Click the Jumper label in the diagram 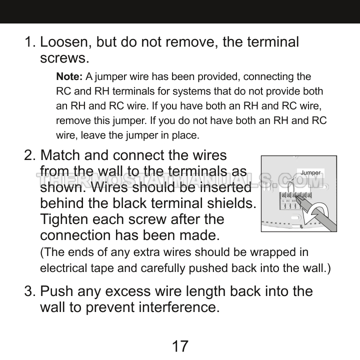click(310, 173)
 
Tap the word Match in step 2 click(62, 155)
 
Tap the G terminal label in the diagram click(282, 200)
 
